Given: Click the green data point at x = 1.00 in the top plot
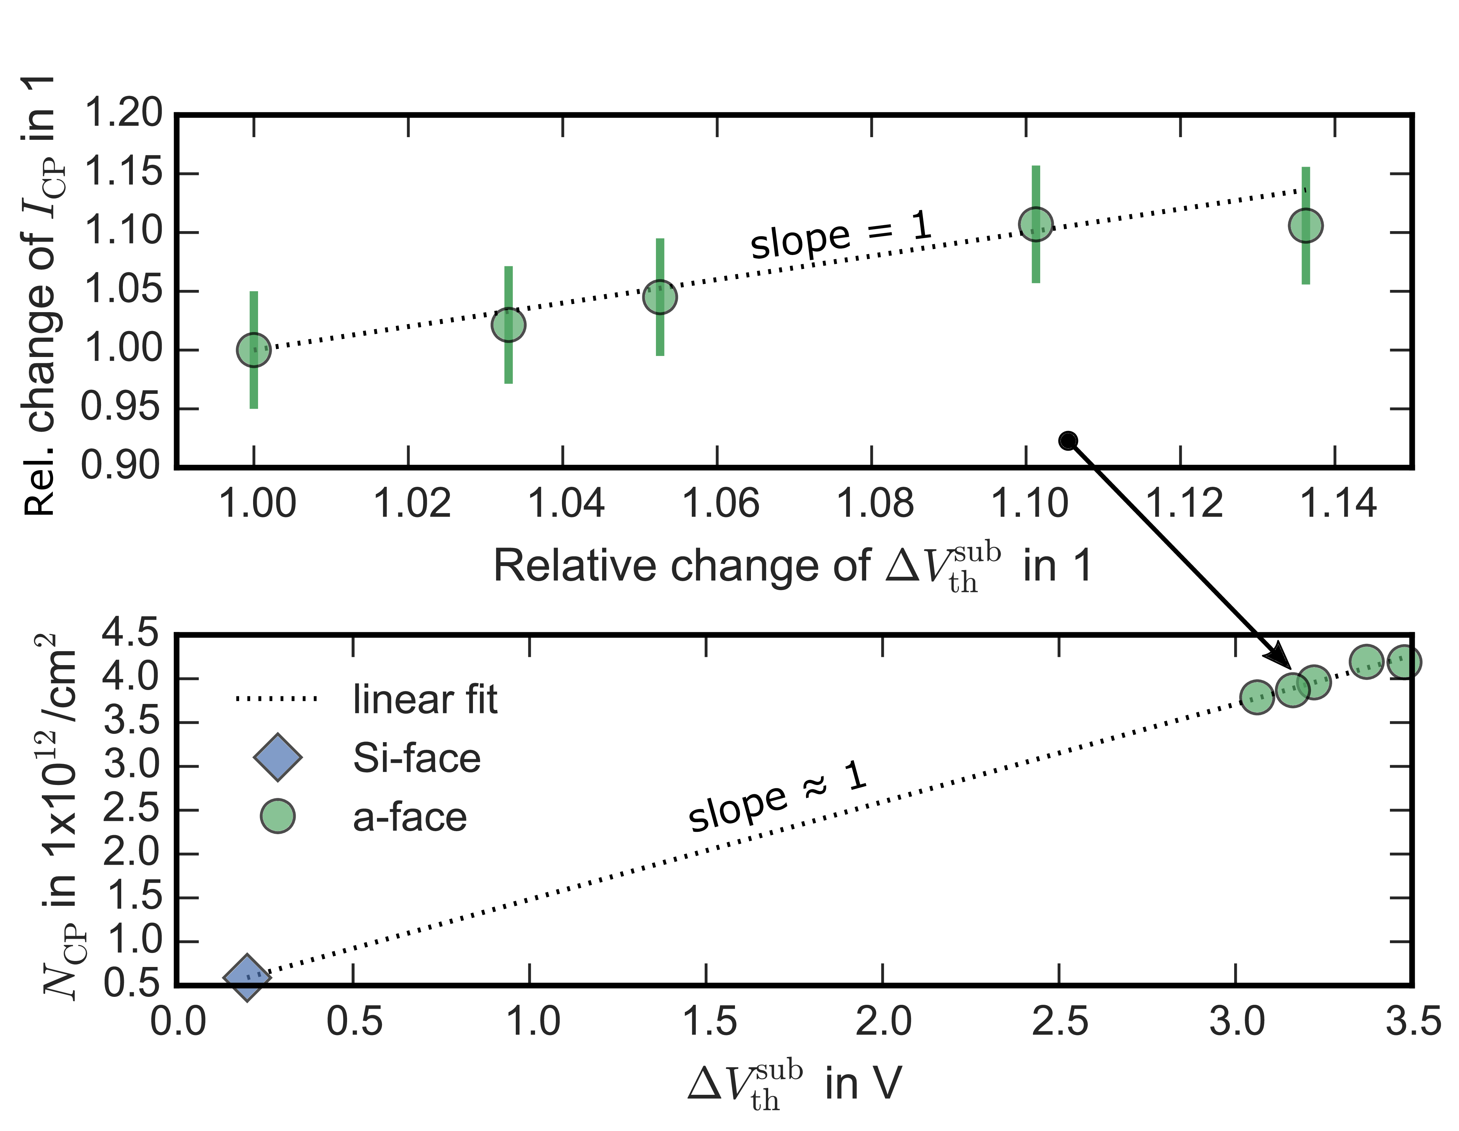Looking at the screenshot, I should point(254,349).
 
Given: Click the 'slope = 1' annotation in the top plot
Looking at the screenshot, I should point(840,235).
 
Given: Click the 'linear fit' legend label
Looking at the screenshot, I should point(425,699).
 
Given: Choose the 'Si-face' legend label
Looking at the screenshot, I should point(417,758).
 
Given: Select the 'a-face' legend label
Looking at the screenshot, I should point(410,817).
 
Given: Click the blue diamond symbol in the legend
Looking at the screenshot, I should point(277,757).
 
